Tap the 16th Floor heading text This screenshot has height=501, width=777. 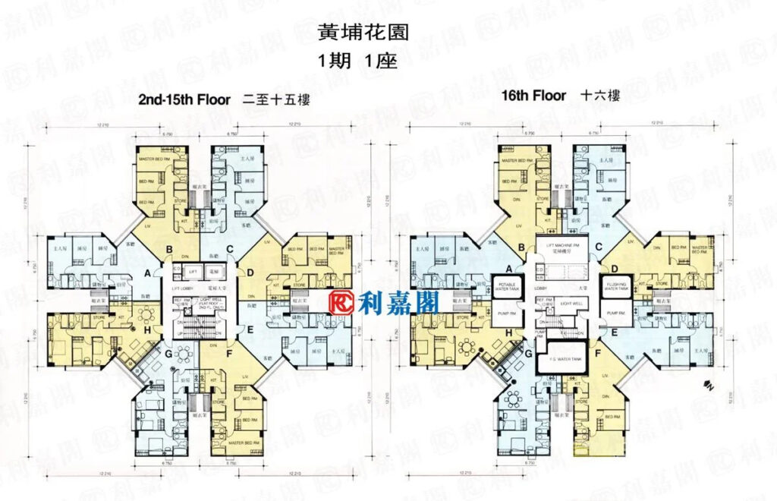click(533, 96)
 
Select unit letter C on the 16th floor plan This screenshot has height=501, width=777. click(599, 246)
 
